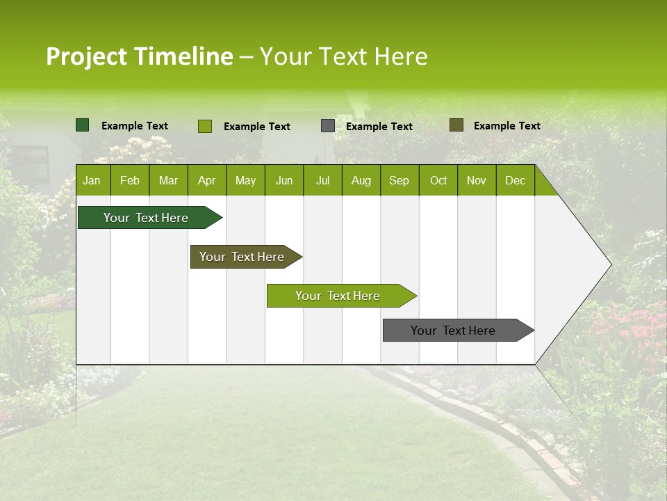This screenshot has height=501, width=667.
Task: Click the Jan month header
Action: [92, 181]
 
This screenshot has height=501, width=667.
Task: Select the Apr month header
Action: [207, 181]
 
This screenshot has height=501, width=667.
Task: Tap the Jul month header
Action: [322, 181]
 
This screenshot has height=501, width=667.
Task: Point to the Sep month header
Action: [399, 181]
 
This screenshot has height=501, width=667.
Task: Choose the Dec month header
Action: [515, 181]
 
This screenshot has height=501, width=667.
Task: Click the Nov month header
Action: [477, 181]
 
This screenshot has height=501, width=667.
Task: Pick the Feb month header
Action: [130, 181]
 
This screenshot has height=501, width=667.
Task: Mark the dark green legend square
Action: [82, 125]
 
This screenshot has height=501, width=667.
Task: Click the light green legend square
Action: [204, 126]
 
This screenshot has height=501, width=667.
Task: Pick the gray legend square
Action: [327, 126]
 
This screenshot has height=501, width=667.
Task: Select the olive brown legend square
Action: [456, 125]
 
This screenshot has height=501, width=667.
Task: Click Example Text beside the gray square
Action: [379, 127]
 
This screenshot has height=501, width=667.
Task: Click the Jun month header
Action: [284, 181]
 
